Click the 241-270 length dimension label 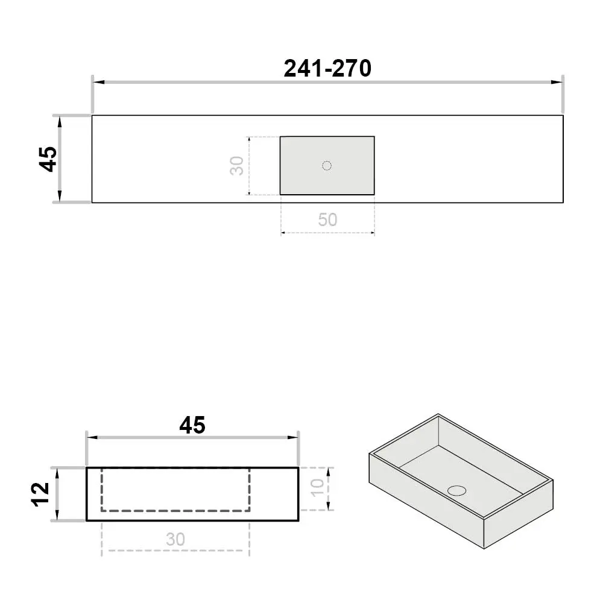click(327, 69)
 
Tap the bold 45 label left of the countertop click(48, 159)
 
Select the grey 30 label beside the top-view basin click(237, 166)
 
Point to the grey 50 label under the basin click(327, 219)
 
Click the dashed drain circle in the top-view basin click(327, 166)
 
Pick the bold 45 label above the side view click(192, 425)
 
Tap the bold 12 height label click(41, 494)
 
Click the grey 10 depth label click(318, 488)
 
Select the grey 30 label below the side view click(175, 539)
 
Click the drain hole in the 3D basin click(457, 490)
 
